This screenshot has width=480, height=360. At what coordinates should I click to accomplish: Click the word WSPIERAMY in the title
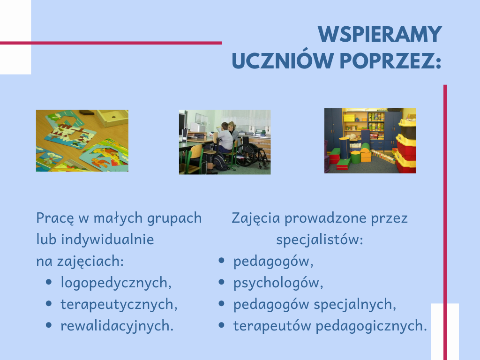click(380, 34)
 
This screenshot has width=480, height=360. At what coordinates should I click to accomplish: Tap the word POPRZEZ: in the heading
click(390, 60)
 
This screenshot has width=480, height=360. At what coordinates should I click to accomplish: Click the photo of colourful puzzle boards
click(82, 141)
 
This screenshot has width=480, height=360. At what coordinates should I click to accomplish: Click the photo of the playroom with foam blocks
click(370, 141)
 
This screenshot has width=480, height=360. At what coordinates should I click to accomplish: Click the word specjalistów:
click(320, 240)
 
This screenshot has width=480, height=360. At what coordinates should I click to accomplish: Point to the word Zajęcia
click(255, 218)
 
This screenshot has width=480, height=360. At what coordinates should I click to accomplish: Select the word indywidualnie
click(107, 240)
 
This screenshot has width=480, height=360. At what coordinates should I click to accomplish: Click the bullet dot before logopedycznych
click(49, 282)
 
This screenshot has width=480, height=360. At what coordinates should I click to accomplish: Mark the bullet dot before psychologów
click(222, 282)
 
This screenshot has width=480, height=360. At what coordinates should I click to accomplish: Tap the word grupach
click(174, 218)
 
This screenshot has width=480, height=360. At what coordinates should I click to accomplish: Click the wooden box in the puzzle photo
click(112, 118)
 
